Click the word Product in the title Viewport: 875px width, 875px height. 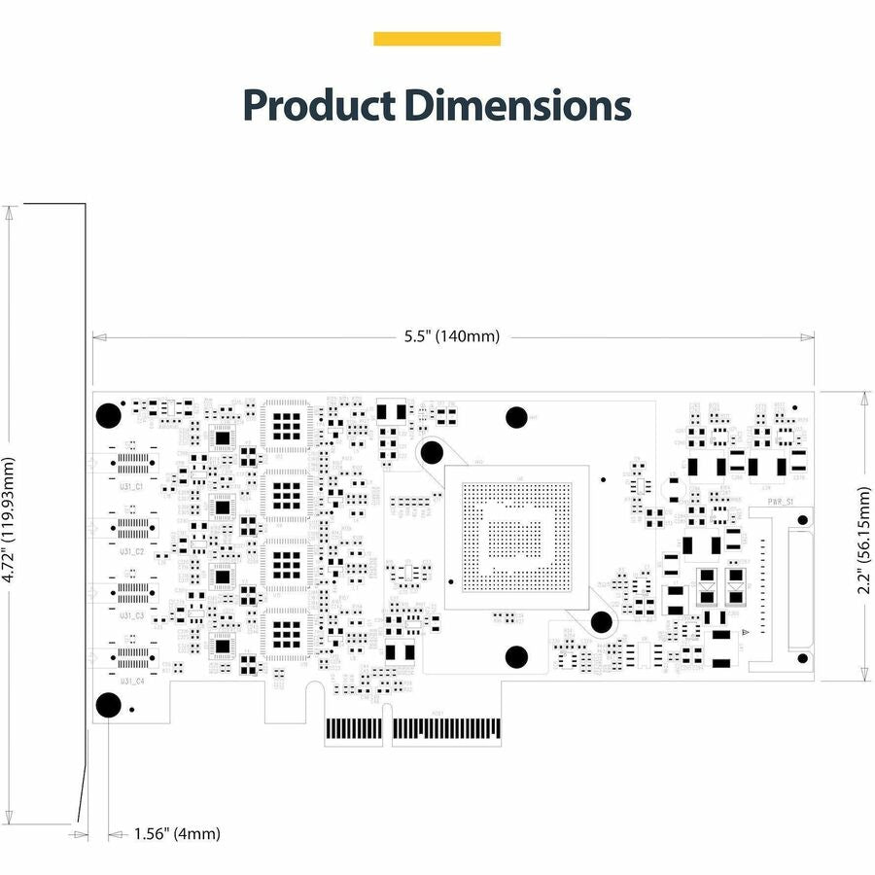click(x=318, y=104)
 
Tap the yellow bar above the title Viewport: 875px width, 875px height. click(x=437, y=39)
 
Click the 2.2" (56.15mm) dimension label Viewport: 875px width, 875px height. click(x=865, y=535)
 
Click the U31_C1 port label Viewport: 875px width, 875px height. click(x=132, y=485)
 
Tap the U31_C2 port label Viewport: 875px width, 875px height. click(x=132, y=550)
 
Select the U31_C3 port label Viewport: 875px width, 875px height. click(x=132, y=615)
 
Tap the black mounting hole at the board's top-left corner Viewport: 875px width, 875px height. click(x=108, y=415)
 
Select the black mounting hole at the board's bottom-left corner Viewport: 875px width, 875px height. click(x=108, y=705)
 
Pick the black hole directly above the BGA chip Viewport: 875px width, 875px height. click(x=516, y=417)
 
